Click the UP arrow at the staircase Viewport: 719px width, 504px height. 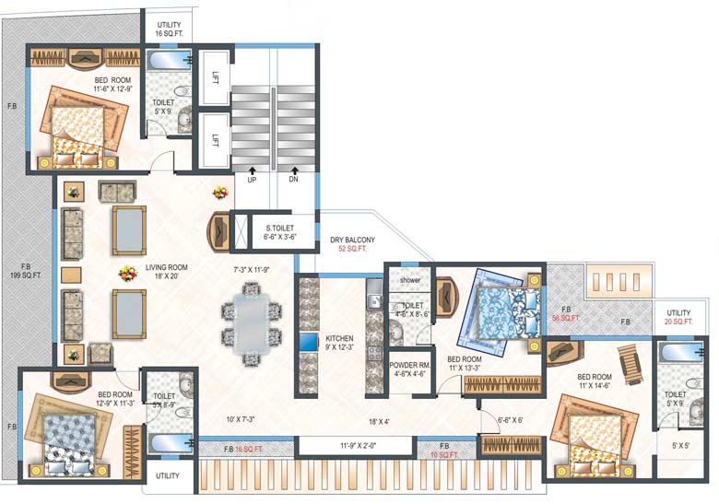click(251, 171)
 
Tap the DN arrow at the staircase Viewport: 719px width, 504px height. click(294, 171)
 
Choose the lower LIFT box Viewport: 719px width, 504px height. click(214, 140)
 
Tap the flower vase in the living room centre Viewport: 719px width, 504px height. click(126, 274)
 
